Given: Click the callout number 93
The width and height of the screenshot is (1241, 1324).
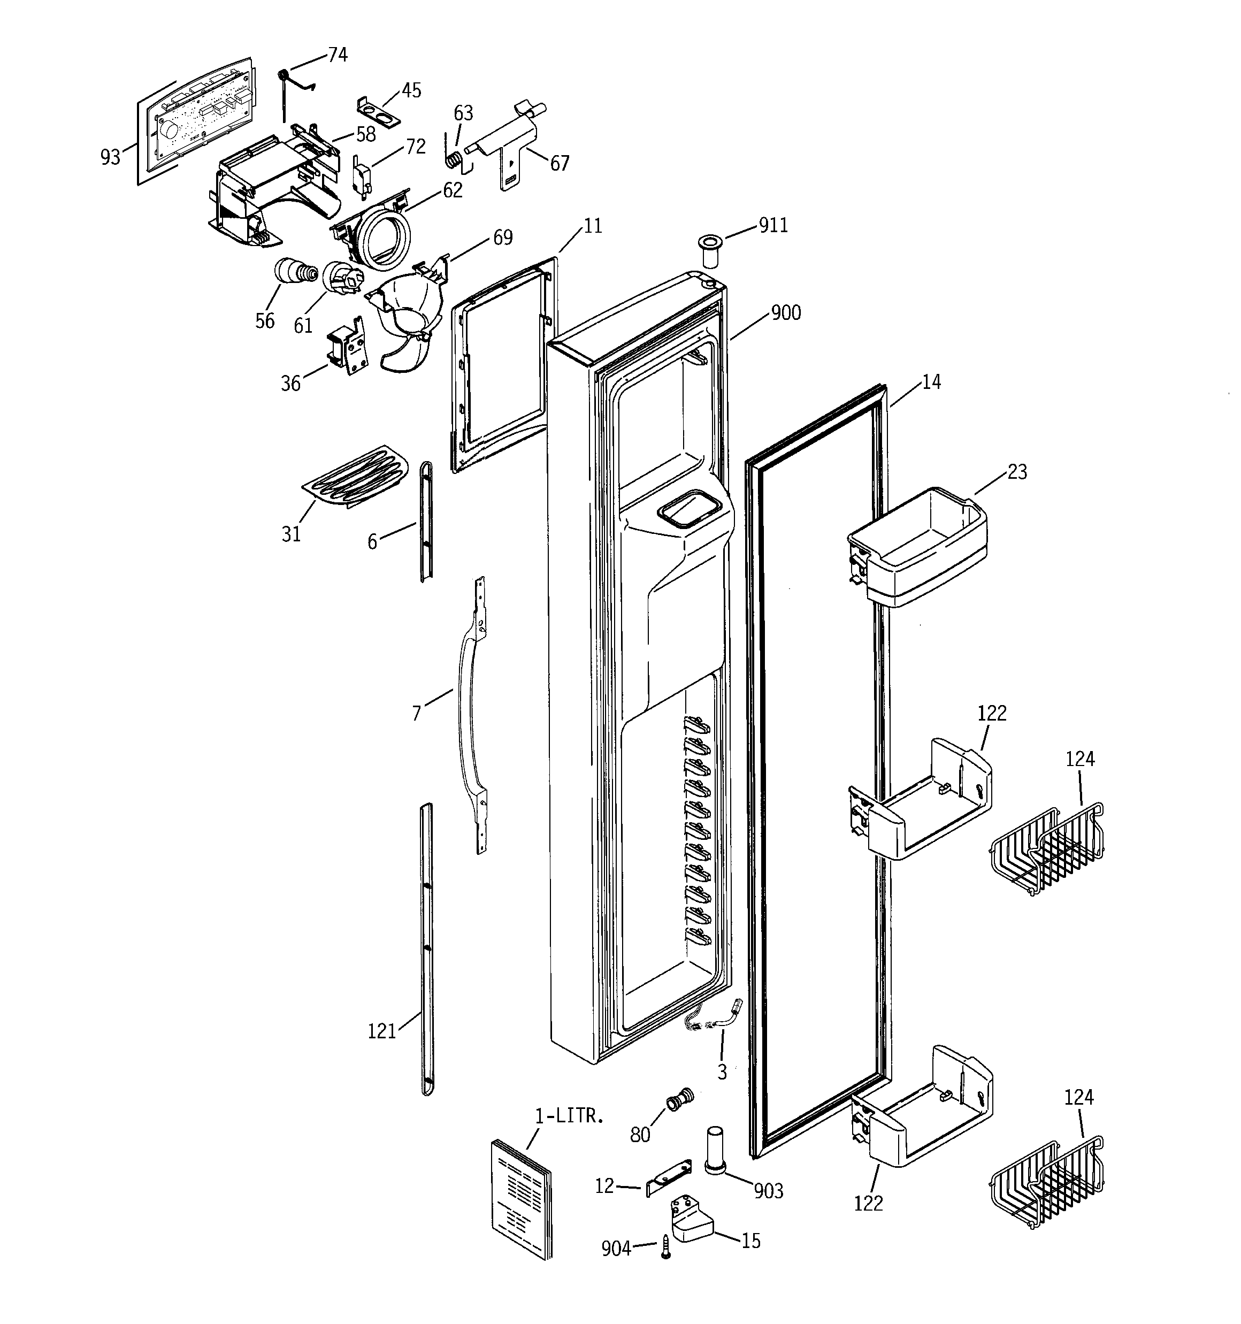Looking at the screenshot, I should pos(110,157).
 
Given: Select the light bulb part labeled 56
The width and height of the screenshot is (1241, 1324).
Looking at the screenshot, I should pos(294,271).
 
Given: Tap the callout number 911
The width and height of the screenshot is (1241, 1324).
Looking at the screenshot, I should pos(773,226).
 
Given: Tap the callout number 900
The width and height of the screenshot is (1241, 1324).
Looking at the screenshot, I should pos(786,313).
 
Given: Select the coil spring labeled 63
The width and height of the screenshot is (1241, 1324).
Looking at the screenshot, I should pos(454,160).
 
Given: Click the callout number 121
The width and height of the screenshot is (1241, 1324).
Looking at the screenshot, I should pos(382,1031).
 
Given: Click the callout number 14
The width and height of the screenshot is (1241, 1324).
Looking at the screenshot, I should pos(931,382).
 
